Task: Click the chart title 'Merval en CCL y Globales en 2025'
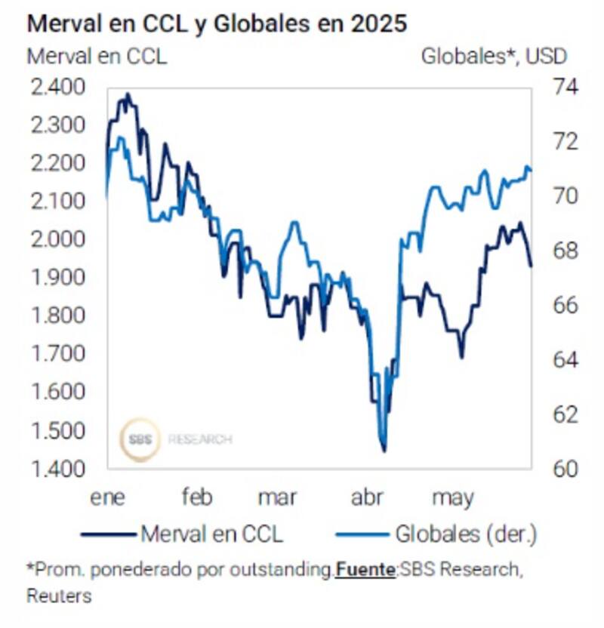[217, 23]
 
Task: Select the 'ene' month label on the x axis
[108, 498]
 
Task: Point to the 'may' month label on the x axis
[452, 498]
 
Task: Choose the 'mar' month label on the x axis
[277, 498]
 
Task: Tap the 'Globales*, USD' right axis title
[494, 56]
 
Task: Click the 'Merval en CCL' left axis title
[97, 56]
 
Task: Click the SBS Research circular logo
[140, 439]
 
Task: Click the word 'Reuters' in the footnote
[59, 596]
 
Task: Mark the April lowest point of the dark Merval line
[384, 451]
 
